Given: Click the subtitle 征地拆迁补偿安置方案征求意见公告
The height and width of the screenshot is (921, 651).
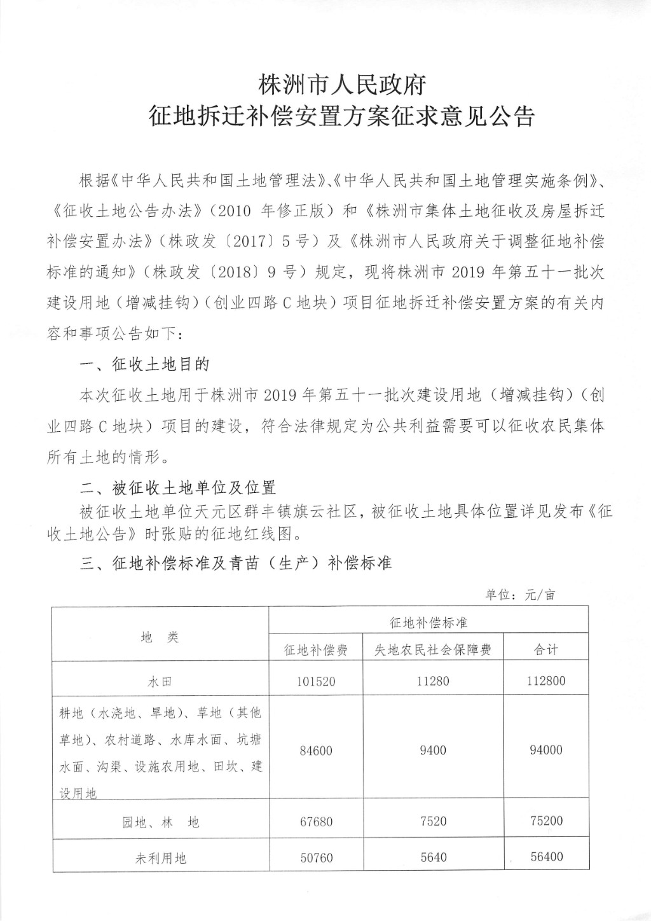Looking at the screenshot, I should tap(341, 117).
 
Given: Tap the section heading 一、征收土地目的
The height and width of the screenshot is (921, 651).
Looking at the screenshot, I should tap(145, 364).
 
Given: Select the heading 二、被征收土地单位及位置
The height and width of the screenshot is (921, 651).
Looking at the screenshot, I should tap(178, 488).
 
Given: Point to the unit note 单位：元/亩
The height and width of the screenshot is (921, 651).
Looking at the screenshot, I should tap(520, 595).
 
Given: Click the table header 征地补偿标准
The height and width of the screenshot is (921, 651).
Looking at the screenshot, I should tap(428, 621).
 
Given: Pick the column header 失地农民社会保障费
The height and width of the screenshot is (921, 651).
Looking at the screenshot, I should tap(433, 649).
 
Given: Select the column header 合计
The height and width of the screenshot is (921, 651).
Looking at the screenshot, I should tap(546, 649).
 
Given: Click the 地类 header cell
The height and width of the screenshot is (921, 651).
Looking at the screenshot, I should tap(160, 637).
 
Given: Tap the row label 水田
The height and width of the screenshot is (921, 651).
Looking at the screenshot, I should tap(160, 682).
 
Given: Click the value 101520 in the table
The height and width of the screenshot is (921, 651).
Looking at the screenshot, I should tap(316, 682).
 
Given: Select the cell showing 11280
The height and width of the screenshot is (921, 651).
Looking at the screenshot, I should tap(433, 681).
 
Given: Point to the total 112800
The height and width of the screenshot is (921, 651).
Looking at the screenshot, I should tap(546, 681).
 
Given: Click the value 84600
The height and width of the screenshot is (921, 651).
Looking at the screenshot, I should tap(316, 751).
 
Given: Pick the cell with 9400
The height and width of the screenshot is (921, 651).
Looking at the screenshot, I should tap(433, 751).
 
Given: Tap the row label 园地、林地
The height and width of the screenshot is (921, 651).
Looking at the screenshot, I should tap(161, 822).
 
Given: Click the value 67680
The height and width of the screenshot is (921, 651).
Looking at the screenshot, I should tap(316, 821).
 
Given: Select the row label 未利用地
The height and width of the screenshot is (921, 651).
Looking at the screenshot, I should tap(161, 858).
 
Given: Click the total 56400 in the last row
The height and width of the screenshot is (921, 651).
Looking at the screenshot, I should tap(546, 857).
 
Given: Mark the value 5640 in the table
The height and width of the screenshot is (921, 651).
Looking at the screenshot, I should tap(433, 857).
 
